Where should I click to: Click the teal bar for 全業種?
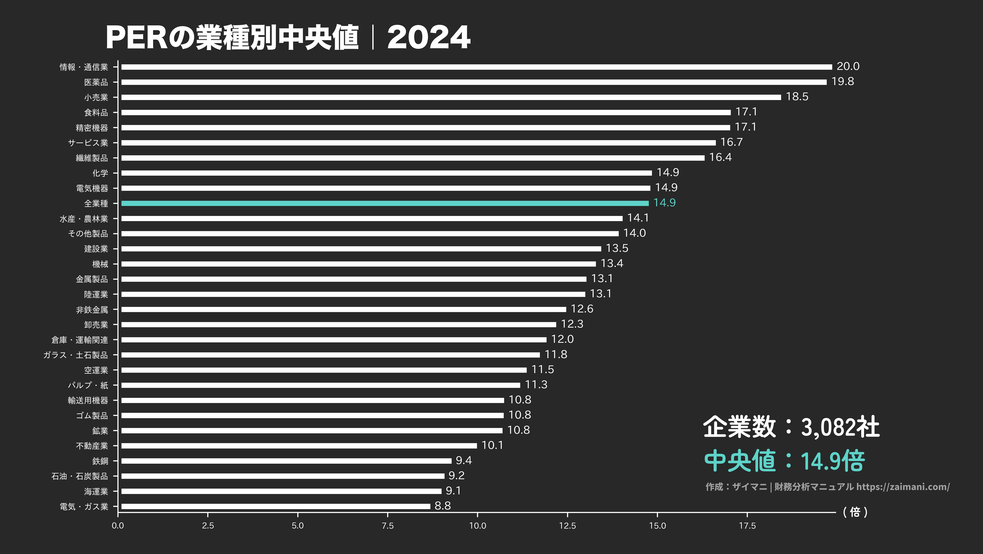(x=385, y=203)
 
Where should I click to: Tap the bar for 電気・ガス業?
(x=275, y=506)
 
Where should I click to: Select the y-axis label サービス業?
(x=88, y=143)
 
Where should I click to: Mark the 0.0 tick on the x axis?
(x=118, y=526)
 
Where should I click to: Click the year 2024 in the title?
(x=429, y=37)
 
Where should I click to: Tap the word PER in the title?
(x=136, y=37)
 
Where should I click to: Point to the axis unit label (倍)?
(x=855, y=512)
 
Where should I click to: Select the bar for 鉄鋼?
(x=286, y=461)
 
